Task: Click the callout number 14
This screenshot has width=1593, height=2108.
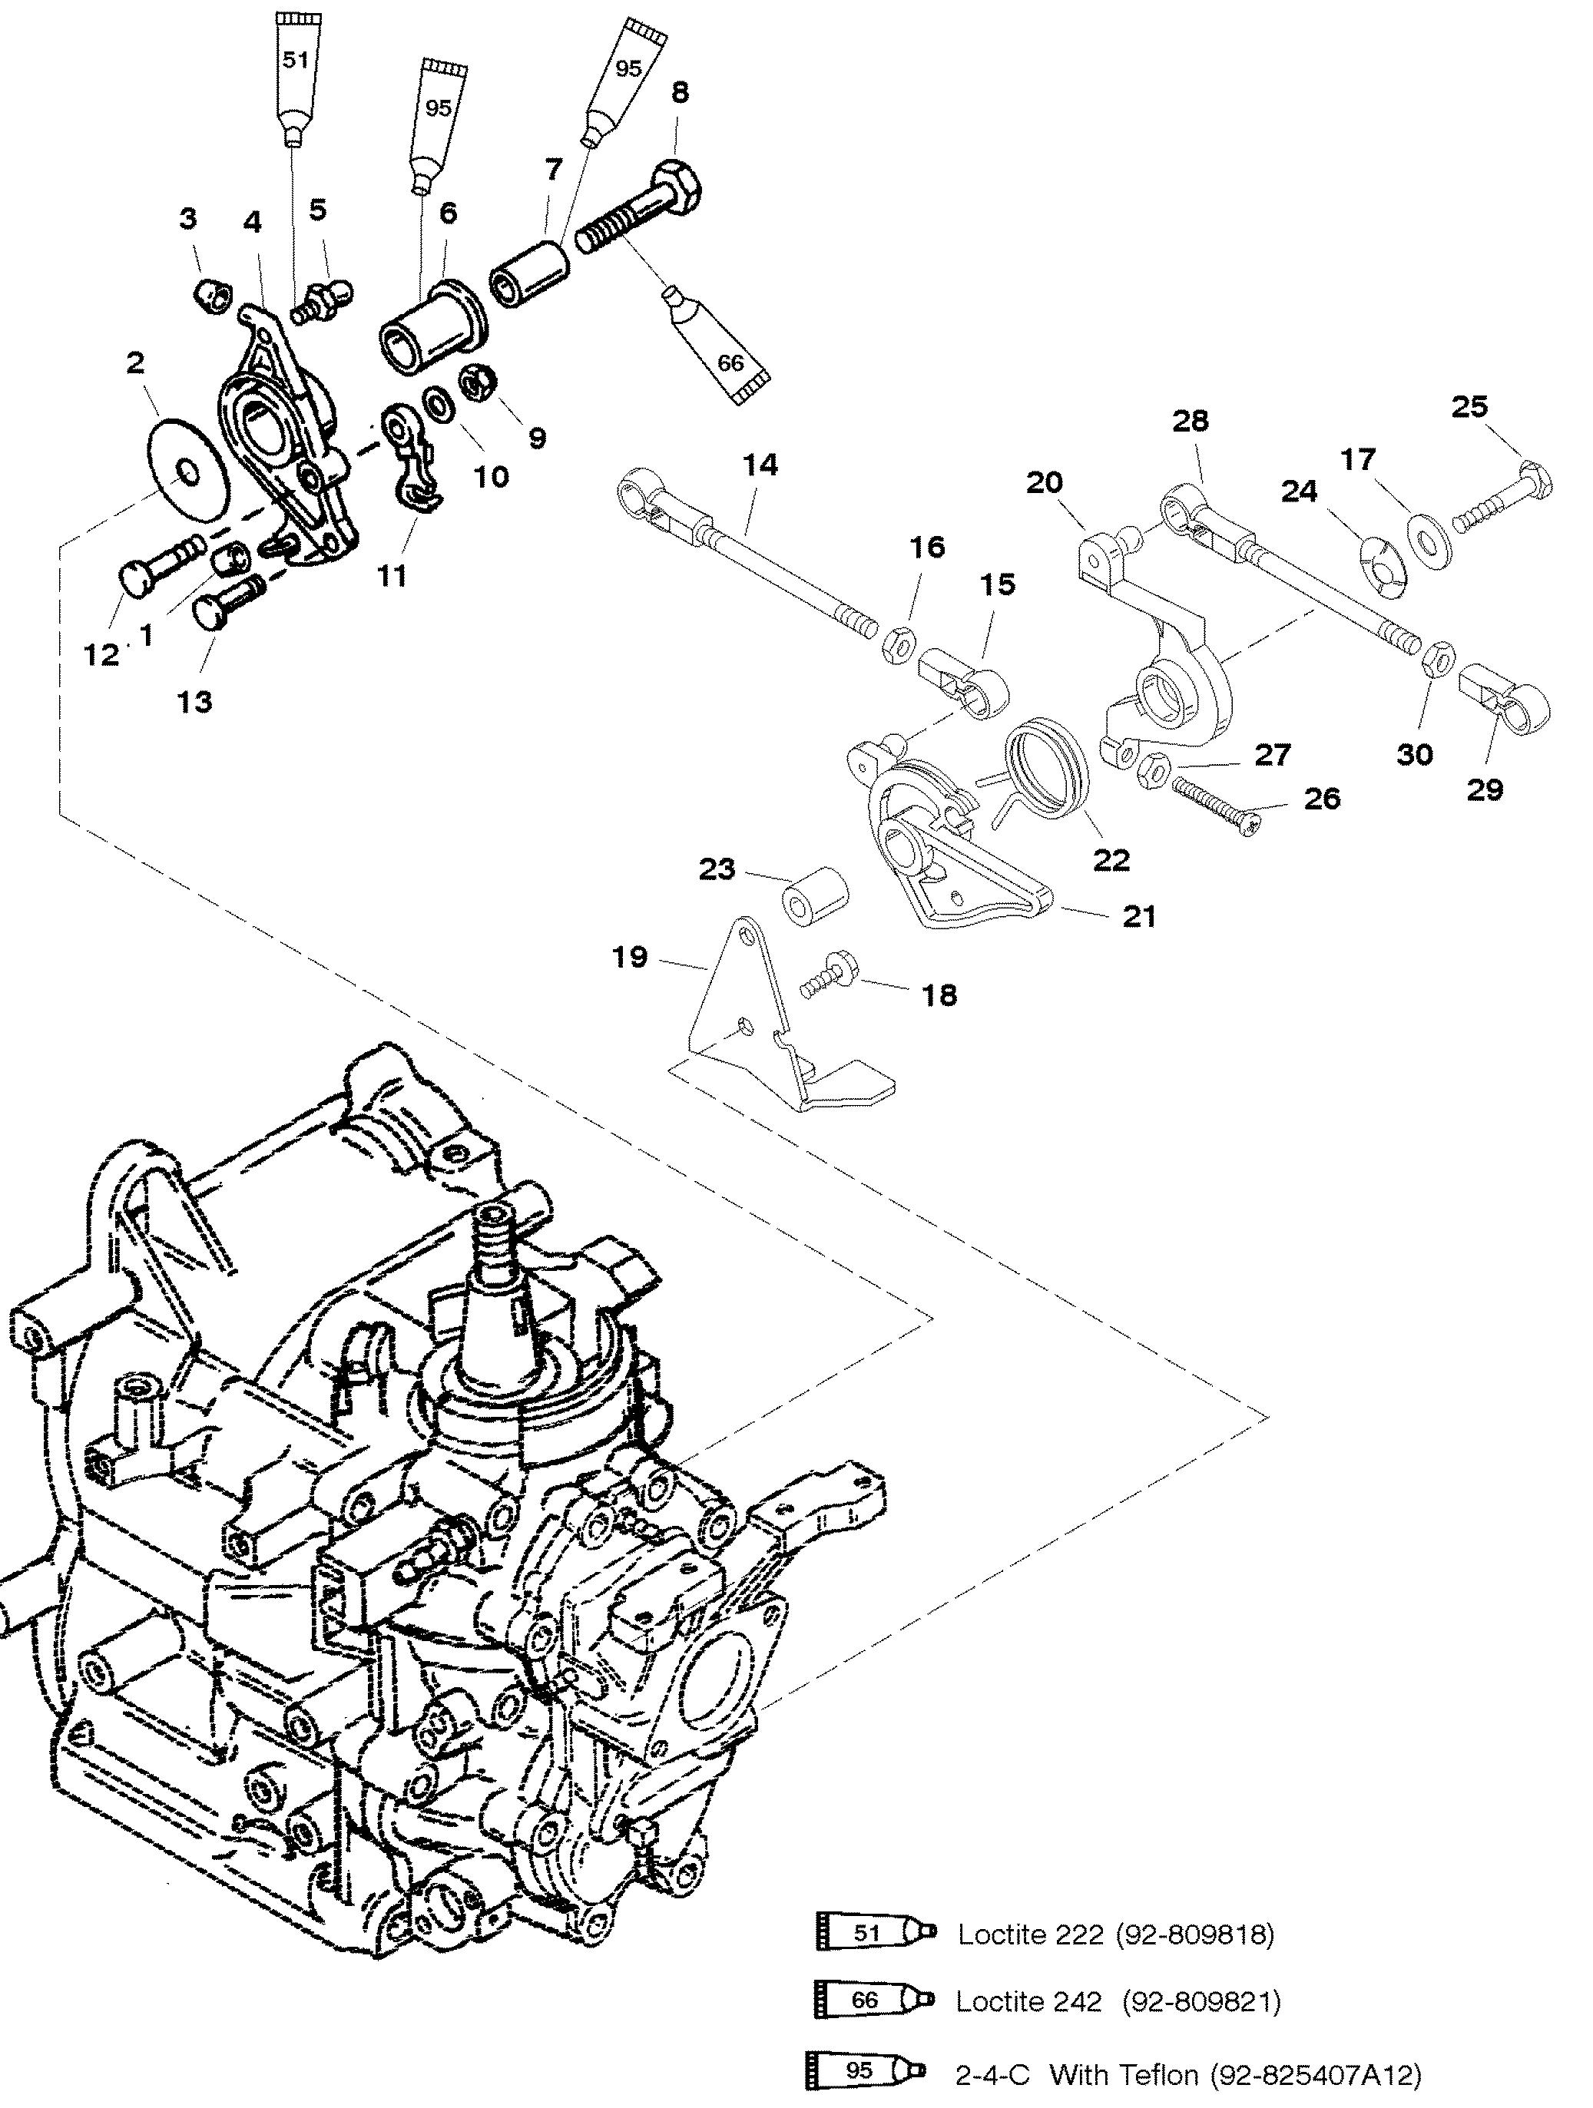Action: pos(760,465)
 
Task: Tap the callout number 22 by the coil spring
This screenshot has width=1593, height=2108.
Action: pos(1111,859)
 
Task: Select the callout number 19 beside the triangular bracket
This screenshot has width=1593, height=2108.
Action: pos(629,957)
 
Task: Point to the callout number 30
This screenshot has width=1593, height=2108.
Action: pos(1414,755)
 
